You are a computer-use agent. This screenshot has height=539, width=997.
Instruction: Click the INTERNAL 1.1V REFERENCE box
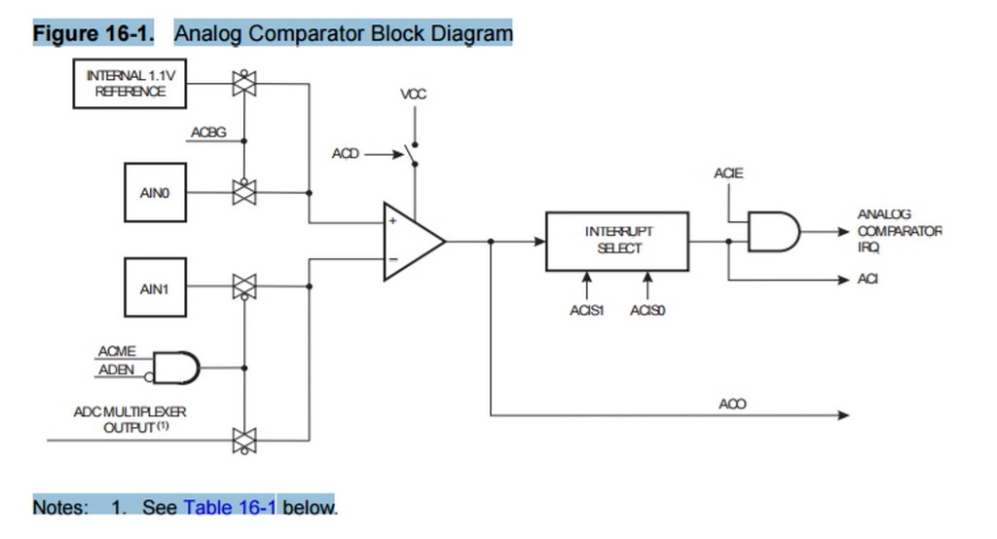coord(129,84)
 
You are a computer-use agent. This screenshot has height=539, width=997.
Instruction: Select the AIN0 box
coord(155,193)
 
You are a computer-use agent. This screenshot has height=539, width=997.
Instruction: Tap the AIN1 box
coord(155,289)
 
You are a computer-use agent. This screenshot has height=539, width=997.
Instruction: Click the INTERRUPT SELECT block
coord(617,241)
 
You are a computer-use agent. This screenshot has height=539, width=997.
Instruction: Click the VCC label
coord(414,95)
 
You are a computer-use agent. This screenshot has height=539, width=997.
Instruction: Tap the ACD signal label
coord(346,154)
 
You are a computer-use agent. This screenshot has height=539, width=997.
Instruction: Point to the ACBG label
coord(207,133)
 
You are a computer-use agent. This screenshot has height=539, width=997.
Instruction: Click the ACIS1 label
coord(586,310)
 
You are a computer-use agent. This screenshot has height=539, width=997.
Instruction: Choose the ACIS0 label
coord(647,310)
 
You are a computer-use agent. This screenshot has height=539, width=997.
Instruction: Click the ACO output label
coord(732,404)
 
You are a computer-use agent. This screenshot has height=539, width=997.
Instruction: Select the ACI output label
coord(868,280)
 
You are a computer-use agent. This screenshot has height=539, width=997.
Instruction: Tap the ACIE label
coord(727,173)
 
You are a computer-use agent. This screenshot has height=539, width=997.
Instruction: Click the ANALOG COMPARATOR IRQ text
coord(898,231)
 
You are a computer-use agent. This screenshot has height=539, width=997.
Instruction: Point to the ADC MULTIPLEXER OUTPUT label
coord(129,420)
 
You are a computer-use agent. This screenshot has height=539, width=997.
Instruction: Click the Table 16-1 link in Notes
coord(230,507)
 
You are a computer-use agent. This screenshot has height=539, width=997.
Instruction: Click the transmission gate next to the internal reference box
coord(243,84)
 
